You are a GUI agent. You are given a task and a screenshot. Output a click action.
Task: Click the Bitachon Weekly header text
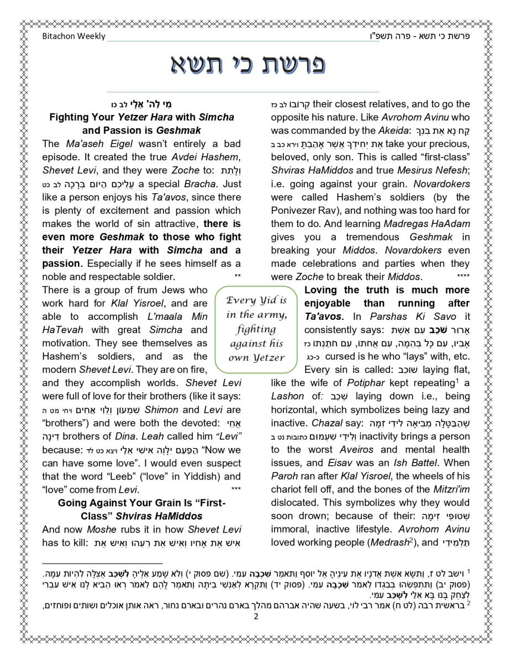pos(73,36)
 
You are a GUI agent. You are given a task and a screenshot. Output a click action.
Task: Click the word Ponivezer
pos(295,210)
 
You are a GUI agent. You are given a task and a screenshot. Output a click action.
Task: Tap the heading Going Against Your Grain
pos(142,503)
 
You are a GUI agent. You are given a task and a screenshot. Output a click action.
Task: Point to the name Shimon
pos(161,409)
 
